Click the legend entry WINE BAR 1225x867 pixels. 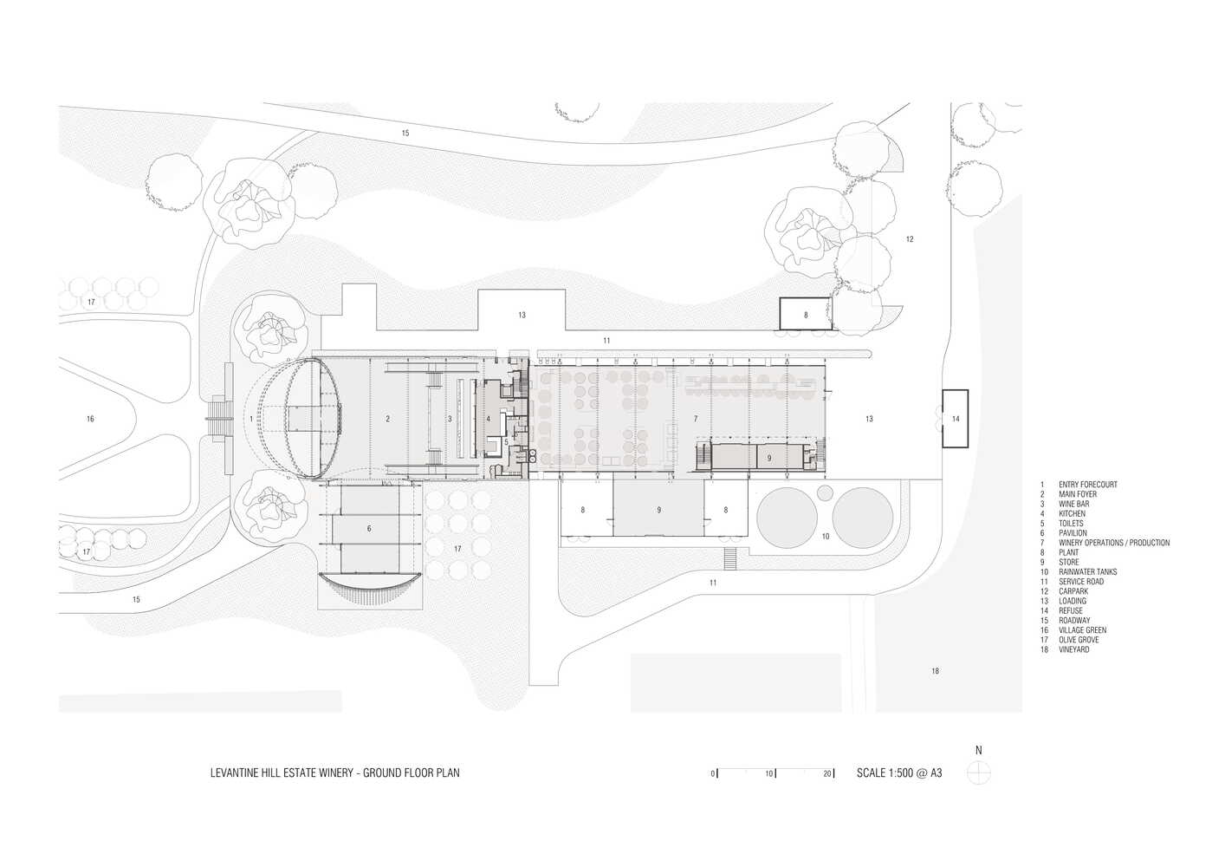click(x=1073, y=504)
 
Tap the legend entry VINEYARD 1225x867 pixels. click(x=1073, y=649)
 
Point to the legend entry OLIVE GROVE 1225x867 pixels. click(x=1078, y=640)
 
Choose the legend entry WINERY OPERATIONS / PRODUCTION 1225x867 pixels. click(x=1113, y=543)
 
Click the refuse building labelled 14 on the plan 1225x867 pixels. click(x=956, y=419)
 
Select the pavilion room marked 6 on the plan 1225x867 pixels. click(x=369, y=528)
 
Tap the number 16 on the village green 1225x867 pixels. click(x=90, y=419)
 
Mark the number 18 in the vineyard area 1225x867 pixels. click(x=935, y=671)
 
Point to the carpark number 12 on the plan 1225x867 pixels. click(x=910, y=239)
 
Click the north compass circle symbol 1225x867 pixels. click(x=979, y=772)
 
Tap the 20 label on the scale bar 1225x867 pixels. click(x=827, y=773)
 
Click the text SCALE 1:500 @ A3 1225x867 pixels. click(x=898, y=772)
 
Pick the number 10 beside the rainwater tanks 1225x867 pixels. click(x=826, y=537)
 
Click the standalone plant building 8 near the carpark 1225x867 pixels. click(x=806, y=315)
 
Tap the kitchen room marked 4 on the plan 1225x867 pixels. click(x=489, y=419)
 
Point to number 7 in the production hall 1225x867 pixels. click(x=696, y=419)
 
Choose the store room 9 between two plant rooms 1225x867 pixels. click(x=658, y=510)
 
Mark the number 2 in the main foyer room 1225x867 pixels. click(x=387, y=419)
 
